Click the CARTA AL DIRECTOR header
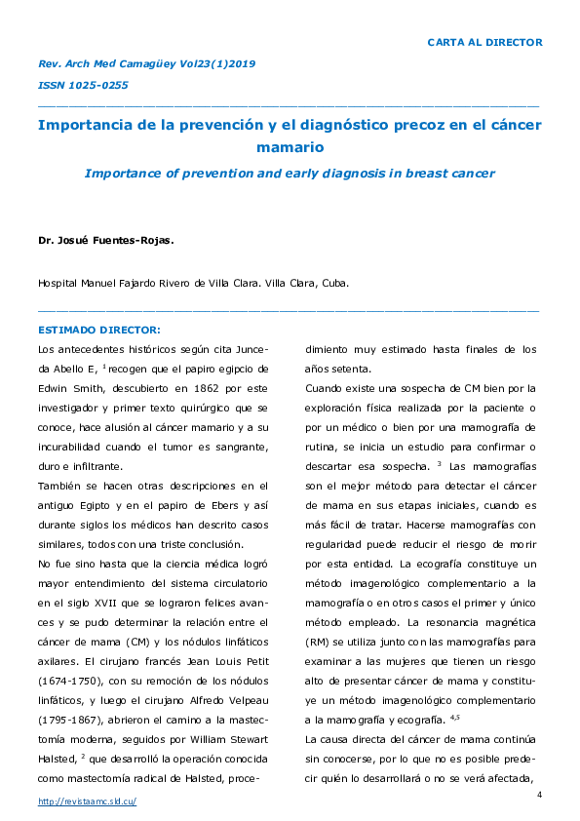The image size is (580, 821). pyautogui.click(x=484, y=42)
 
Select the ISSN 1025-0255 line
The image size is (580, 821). pyautogui.click(x=82, y=85)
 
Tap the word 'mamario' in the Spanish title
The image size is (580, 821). pyautogui.click(x=290, y=147)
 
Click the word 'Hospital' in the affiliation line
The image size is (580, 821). pyautogui.click(x=58, y=284)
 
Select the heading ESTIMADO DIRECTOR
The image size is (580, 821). pyautogui.click(x=98, y=329)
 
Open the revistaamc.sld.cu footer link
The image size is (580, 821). pyautogui.click(x=86, y=801)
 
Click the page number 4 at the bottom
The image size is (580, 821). pyautogui.click(x=539, y=797)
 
